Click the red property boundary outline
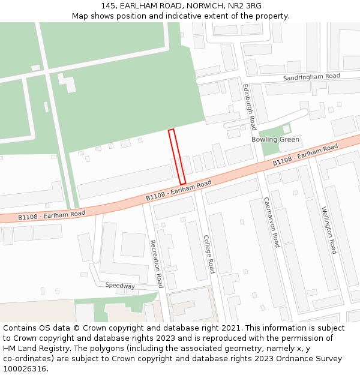pyautogui.click(x=177, y=157)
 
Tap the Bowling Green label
pyautogui.click(x=275, y=140)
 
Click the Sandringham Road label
pyautogui.click(x=311, y=77)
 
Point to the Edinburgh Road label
pyautogui.click(x=249, y=107)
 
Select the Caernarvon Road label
pyautogui.click(x=272, y=222)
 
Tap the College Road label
pyautogui.click(x=208, y=254)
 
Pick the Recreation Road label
pyautogui.click(x=156, y=263)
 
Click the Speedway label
pyautogui.click(x=120, y=286)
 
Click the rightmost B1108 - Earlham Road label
pyautogui.click(x=305, y=155)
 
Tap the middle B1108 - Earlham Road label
pyautogui.click(x=179, y=190)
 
